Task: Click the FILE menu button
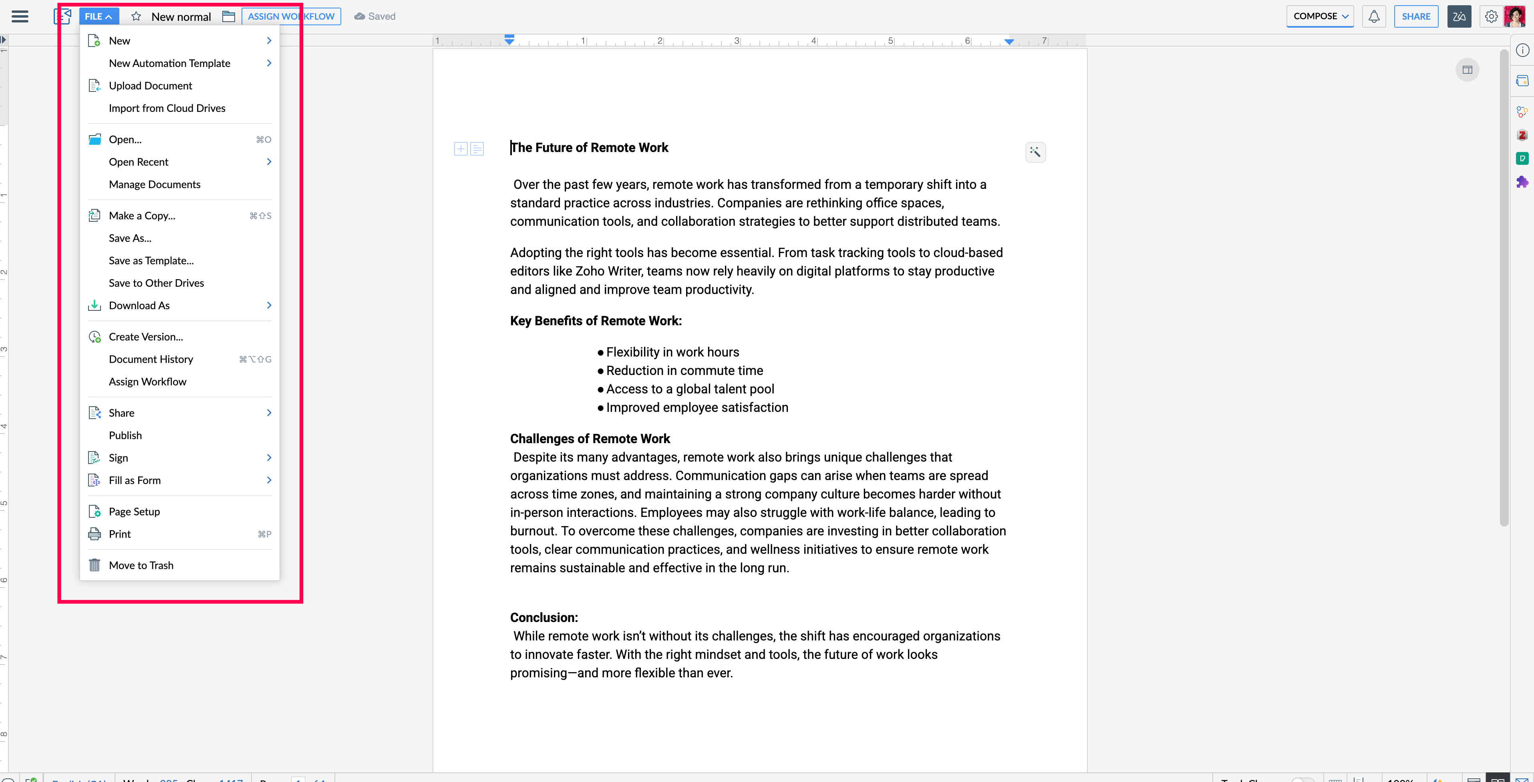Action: (98, 16)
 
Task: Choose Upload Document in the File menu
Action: (150, 86)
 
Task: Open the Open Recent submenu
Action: (139, 162)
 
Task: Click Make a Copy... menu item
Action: (142, 216)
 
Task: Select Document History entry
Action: (151, 359)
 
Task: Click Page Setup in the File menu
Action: (134, 511)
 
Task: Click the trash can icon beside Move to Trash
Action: (95, 565)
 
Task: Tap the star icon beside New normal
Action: (136, 16)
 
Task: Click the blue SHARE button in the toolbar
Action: (1415, 16)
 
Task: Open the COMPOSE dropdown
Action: (1320, 16)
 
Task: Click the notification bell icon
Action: (1374, 16)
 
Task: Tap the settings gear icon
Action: (1490, 16)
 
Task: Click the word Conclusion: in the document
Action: (544, 618)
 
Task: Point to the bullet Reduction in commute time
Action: (684, 371)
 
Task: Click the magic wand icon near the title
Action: (1035, 152)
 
